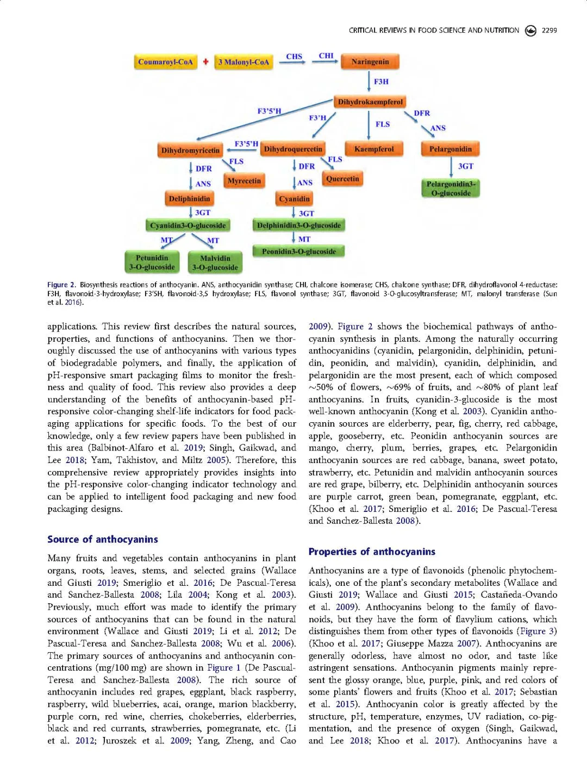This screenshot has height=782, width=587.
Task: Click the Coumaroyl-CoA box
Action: [x=165, y=62]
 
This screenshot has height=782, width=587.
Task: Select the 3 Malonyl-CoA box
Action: [x=243, y=62]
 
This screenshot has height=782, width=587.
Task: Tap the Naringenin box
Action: [x=370, y=61]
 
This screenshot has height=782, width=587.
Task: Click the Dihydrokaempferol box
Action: [x=370, y=102]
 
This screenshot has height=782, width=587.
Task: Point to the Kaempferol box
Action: [x=373, y=149]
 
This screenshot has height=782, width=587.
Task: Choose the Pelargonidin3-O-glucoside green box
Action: [x=451, y=189]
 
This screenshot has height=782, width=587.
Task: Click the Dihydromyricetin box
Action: [x=190, y=151]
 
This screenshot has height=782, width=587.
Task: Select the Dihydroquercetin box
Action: [x=293, y=149]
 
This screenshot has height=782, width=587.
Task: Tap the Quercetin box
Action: [x=342, y=179]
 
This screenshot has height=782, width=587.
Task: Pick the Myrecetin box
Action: [x=244, y=181]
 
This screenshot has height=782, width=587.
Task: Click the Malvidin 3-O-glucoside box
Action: [x=215, y=262]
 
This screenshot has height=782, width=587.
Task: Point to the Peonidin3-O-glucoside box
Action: [x=298, y=252]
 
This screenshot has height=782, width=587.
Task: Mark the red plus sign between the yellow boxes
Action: [x=205, y=62]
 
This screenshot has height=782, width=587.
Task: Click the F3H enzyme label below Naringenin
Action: [x=381, y=82]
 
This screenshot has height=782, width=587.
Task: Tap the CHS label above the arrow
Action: [x=294, y=57]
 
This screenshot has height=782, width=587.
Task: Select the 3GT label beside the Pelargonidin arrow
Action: [x=465, y=166]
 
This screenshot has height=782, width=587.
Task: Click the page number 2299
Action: [x=549, y=30]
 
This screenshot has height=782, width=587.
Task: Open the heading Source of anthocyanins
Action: [x=103, y=539]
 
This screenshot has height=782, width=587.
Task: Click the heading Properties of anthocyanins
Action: [x=372, y=552]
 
